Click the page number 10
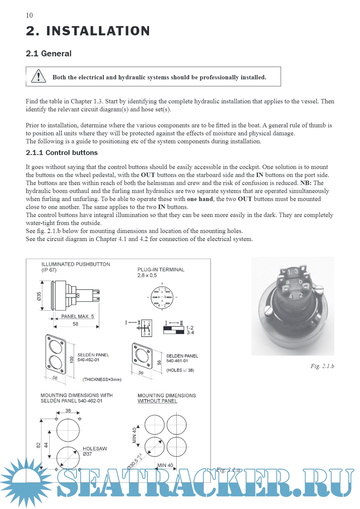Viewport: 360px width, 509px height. click(29, 15)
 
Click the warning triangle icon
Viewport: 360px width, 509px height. click(38, 76)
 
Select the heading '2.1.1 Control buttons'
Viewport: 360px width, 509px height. click(62, 153)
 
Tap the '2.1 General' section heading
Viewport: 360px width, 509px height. click(49, 54)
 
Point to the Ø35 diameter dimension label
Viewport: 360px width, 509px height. click(39, 296)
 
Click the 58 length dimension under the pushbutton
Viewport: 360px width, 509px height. click(75, 324)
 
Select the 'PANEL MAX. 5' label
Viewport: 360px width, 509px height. click(77, 316)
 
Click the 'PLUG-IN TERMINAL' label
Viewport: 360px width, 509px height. click(161, 270)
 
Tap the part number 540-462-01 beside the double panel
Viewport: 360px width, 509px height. click(88, 360)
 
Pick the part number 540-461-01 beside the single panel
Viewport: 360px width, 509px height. click(177, 361)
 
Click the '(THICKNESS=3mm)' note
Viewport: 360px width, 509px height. click(102, 379)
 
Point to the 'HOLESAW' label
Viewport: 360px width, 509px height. click(95, 449)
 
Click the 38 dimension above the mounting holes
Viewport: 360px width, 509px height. click(68, 411)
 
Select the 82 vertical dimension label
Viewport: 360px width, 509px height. click(38, 445)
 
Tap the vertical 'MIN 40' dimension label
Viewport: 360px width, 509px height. click(134, 435)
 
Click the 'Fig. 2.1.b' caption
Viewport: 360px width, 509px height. click(322, 366)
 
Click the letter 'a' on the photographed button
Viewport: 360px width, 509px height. click(288, 282)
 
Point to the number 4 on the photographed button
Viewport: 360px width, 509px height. click(290, 296)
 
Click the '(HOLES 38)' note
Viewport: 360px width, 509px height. click(180, 370)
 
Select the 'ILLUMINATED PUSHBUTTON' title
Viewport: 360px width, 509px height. click(76, 264)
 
